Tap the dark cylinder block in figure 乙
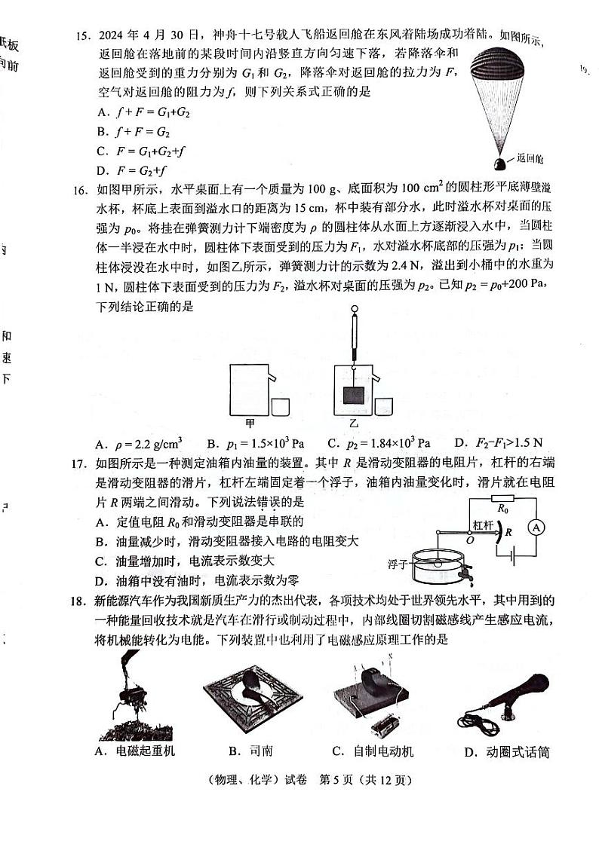click(x=353, y=394)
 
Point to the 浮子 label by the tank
click(x=397, y=563)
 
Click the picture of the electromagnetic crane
click(x=129, y=697)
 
